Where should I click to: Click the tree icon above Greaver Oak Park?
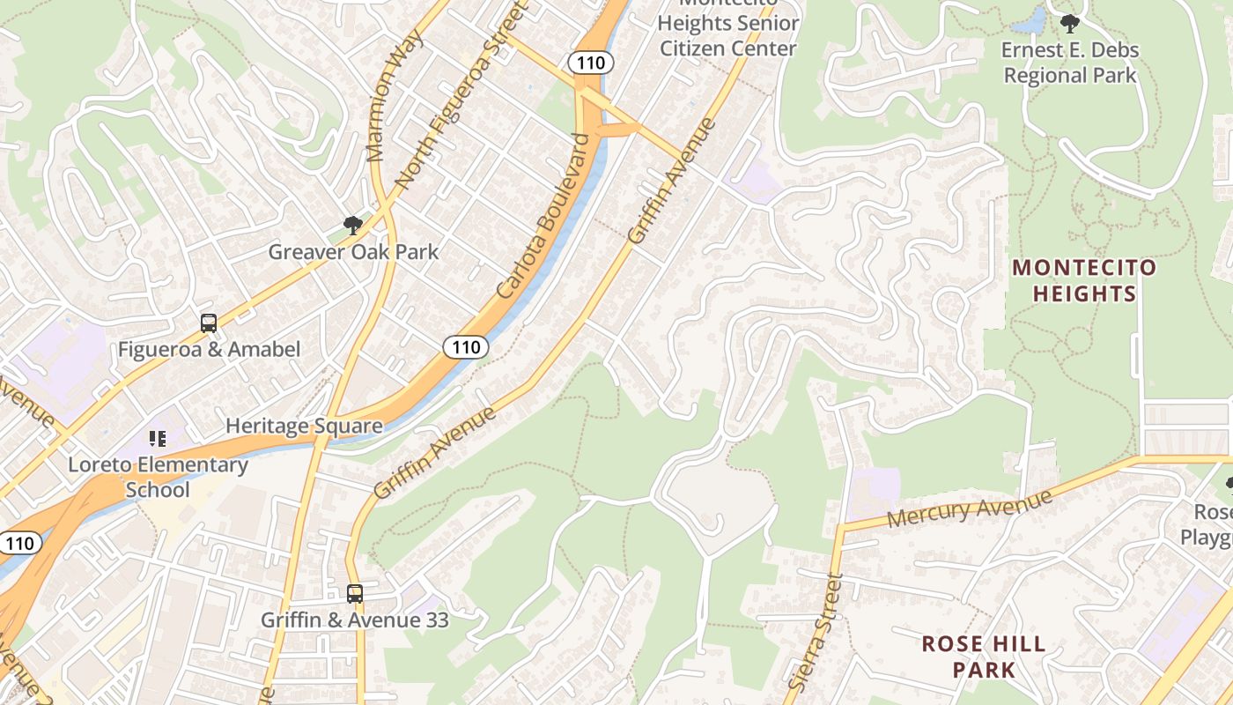click(x=353, y=226)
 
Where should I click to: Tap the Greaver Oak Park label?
click(x=353, y=252)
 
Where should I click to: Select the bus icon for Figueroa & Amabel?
click(x=209, y=323)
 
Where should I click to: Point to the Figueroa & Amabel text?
click(x=209, y=350)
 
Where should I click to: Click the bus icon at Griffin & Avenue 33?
click(x=355, y=594)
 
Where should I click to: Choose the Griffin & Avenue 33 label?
click(x=355, y=620)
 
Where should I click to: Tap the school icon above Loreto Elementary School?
click(x=158, y=438)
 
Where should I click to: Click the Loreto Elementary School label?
click(x=158, y=477)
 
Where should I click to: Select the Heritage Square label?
click(x=304, y=427)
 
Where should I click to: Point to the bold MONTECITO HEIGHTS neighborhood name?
click(x=1083, y=280)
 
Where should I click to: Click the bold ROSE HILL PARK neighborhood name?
click(x=984, y=657)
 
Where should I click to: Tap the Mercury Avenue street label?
click(x=969, y=508)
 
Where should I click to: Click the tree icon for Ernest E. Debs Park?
click(x=1070, y=24)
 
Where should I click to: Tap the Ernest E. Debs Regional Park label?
click(x=1070, y=63)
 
